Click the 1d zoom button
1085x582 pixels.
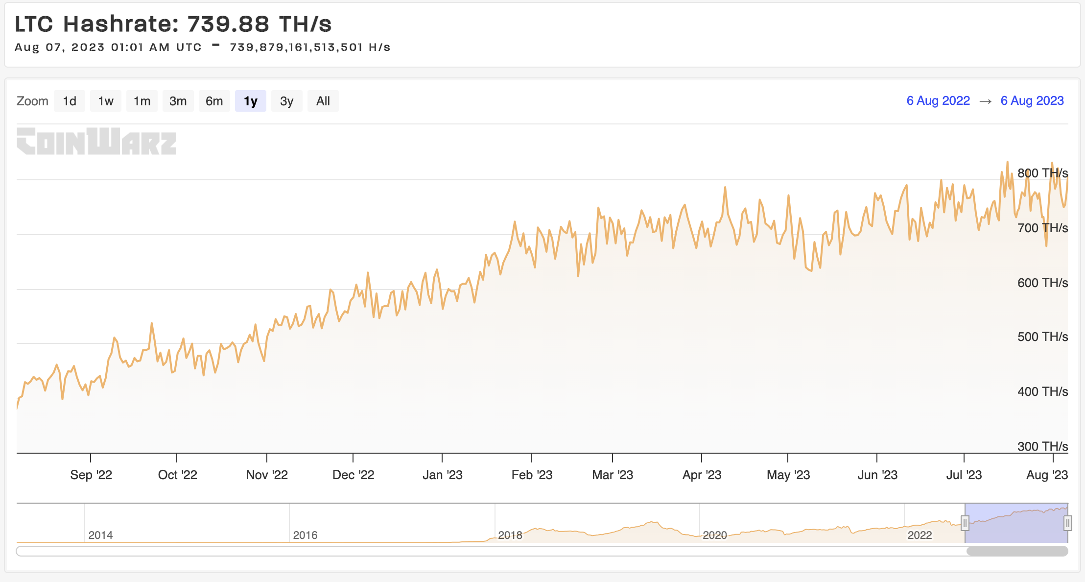70,101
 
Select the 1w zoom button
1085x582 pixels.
106,101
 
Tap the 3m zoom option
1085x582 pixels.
178,101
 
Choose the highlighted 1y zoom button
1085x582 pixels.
251,101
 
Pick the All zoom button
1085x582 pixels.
323,101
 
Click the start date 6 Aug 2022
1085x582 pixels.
938,100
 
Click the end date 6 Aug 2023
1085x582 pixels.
1032,100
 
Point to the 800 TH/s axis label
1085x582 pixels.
1042,173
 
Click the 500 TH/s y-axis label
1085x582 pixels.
1042,337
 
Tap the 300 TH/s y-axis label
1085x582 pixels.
1042,446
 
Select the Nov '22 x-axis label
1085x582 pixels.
267,475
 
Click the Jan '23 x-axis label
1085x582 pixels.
443,475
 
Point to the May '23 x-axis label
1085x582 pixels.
788,475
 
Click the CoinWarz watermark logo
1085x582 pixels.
96,141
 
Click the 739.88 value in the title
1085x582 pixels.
228,24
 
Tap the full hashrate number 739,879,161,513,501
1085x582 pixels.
296,47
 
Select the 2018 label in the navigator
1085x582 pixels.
510,535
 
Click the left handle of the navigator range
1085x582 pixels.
965,523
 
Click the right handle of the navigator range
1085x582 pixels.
1068,523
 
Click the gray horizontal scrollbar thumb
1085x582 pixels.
1017,551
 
